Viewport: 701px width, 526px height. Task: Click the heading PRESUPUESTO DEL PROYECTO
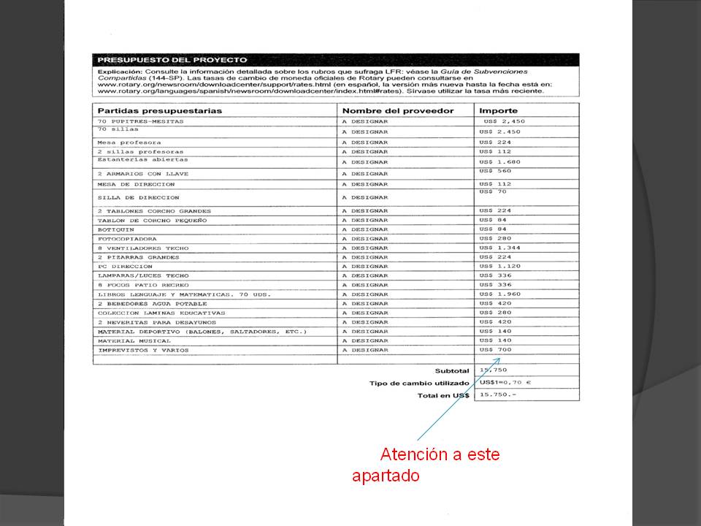(x=172, y=60)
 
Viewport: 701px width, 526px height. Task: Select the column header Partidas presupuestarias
(x=160, y=110)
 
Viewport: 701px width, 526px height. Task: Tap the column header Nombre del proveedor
(x=397, y=110)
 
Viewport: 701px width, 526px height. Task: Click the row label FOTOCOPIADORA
(x=127, y=239)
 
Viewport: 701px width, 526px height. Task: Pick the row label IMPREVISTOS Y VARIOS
(x=143, y=350)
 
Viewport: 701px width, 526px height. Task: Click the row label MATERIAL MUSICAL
(x=134, y=340)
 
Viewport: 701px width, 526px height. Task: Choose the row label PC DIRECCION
(x=124, y=267)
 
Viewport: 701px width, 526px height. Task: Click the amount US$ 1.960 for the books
(x=500, y=294)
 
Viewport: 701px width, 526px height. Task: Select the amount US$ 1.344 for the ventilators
(x=500, y=248)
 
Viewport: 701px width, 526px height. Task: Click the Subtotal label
(x=452, y=371)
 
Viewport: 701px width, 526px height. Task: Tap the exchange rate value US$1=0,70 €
(x=505, y=382)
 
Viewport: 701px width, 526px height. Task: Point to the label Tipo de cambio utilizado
(x=418, y=384)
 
